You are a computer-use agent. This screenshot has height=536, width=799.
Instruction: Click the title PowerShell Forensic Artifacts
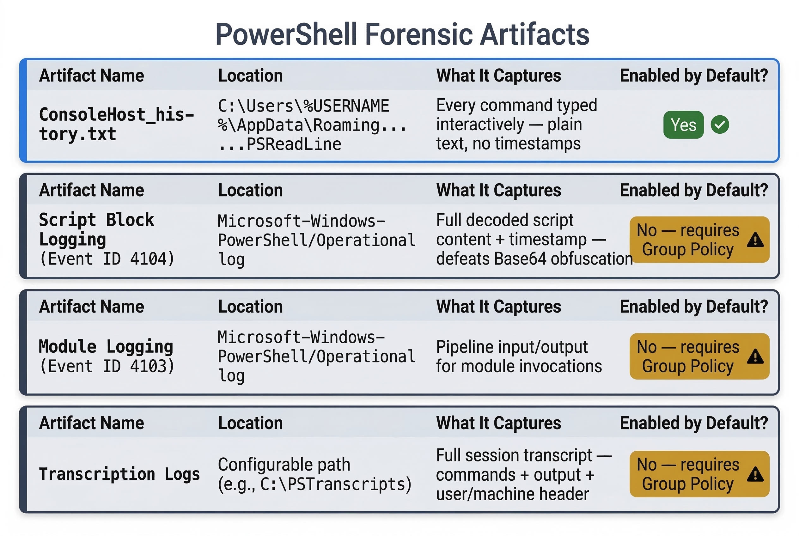click(x=402, y=34)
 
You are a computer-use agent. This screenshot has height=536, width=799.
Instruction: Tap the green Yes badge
click(x=683, y=125)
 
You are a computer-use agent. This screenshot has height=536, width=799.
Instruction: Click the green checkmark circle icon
click(x=720, y=125)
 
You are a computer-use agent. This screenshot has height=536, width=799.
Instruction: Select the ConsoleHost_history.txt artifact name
click(x=116, y=124)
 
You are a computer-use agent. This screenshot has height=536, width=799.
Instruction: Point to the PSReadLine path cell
click(x=312, y=125)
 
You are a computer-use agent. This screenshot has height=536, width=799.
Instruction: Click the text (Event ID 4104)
click(x=107, y=259)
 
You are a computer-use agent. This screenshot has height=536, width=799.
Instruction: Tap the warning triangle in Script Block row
click(x=755, y=240)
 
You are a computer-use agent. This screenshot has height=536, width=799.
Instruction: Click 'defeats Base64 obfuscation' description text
click(x=534, y=259)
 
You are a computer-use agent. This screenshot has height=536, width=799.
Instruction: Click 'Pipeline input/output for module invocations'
click(x=518, y=356)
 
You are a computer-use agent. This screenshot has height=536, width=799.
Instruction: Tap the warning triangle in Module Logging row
click(x=755, y=357)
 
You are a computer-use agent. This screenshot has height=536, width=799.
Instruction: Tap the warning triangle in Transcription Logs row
click(x=755, y=474)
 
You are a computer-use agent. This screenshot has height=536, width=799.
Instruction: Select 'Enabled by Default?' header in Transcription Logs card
click(x=694, y=423)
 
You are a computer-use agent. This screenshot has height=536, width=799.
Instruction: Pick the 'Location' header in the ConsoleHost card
click(x=250, y=76)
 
